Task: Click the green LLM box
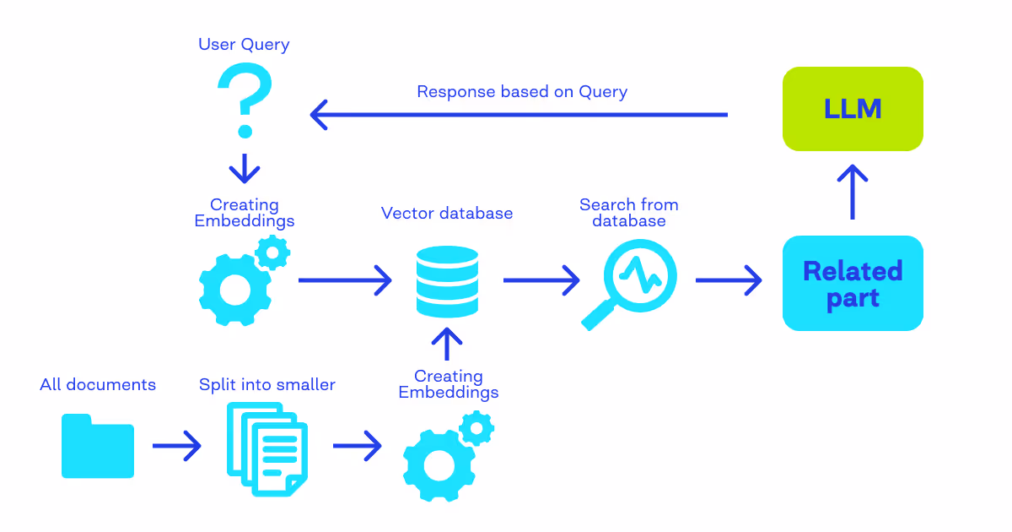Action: [x=853, y=109]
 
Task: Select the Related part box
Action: [x=853, y=283]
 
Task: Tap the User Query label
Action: [x=244, y=44]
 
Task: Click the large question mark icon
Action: [x=245, y=100]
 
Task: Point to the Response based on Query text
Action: [x=522, y=92]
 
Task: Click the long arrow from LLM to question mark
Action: [x=519, y=115]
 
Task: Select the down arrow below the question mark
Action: [x=245, y=168]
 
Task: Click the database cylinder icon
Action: [x=447, y=281]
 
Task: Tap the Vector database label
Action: [x=447, y=213]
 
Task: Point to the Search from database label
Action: [x=629, y=213]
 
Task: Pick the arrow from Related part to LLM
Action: [x=853, y=192]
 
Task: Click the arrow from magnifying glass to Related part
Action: [x=729, y=280]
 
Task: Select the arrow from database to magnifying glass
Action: [x=541, y=280]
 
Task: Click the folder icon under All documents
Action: [x=98, y=446]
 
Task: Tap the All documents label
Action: [x=98, y=384]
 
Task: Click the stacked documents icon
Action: [x=267, y=449]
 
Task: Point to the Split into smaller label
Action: [x=267, y=384]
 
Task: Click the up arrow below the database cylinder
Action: [x=447, y=345]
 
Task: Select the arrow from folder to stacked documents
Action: [x=176, y=446]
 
